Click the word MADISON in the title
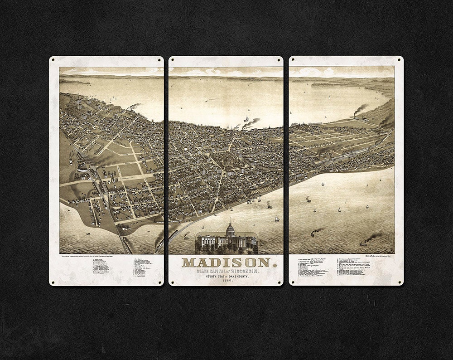(226, 263)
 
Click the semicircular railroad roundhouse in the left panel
(82, 168)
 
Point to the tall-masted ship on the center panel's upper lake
(246, 119)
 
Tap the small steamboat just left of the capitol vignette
(186, 236)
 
